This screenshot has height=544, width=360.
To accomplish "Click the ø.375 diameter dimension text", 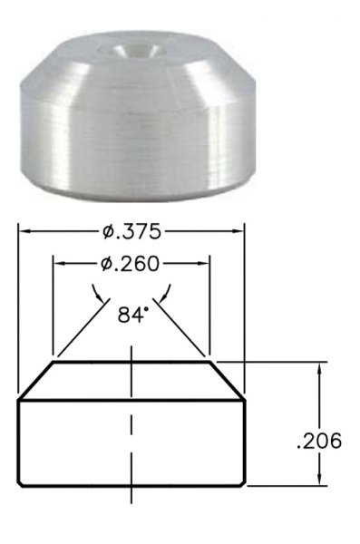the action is (x=131, y=232).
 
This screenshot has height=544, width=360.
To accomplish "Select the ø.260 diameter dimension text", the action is (x=130, y=264).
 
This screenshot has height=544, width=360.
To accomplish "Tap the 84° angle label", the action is (x=131, y=316).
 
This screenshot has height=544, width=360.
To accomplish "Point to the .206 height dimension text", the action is (x=319, y=442).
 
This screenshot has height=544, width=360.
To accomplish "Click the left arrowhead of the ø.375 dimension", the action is (x=23, y=231).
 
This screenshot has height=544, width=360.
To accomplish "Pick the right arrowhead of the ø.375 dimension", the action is (x=238, y=231).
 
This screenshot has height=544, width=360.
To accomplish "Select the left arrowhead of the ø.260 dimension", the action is (x=58, y=264).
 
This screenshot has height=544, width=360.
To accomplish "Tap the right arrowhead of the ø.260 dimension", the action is (x=204, y=264).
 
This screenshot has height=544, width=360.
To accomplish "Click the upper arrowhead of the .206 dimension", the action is (x=320, y=367).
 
